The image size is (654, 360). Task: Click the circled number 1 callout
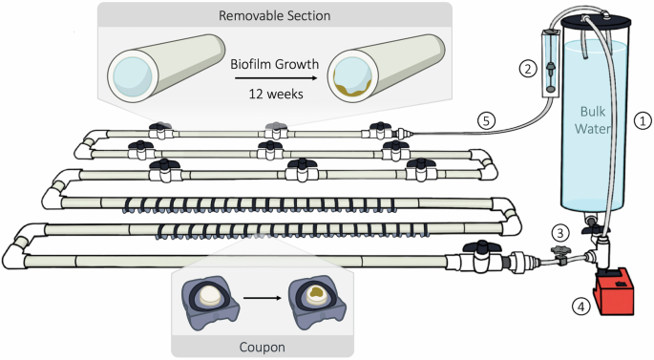pos(643,121)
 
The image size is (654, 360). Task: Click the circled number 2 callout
pos(525,68)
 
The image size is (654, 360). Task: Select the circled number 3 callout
pos(560,233)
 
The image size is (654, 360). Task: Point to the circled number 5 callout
pos(486,120)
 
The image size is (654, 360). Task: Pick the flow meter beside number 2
pos(550,67)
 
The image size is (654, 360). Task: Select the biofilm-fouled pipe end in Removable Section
pos(356,78)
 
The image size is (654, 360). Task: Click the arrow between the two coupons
pos(262,297)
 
